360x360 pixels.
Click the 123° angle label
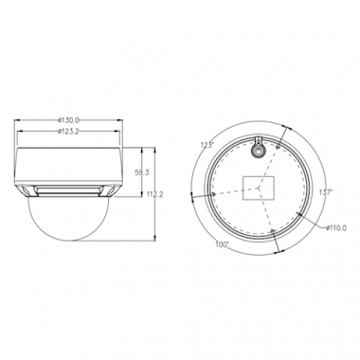pos(207,144)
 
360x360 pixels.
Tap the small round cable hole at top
pos(256,147)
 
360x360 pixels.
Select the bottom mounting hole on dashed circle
pos(272,231)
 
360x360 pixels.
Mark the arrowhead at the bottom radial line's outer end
pos(279,252)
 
